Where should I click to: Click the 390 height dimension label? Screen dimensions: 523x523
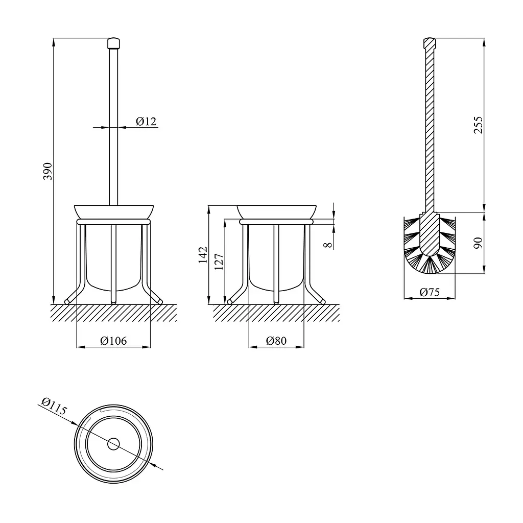[47, 172]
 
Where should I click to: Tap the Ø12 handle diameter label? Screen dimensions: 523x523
[146, 122]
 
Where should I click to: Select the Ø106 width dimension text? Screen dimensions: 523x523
[113, 341]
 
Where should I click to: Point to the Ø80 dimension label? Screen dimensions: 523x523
[276, 341]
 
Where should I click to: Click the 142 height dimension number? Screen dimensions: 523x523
[203, 255]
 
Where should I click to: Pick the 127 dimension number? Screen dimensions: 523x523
[219, 262]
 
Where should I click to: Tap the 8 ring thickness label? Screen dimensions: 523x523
[328, 245]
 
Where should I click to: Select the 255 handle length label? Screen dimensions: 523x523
[478, 125]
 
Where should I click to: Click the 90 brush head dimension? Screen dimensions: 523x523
[478, 243]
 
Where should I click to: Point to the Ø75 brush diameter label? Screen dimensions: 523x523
[430, 292]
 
